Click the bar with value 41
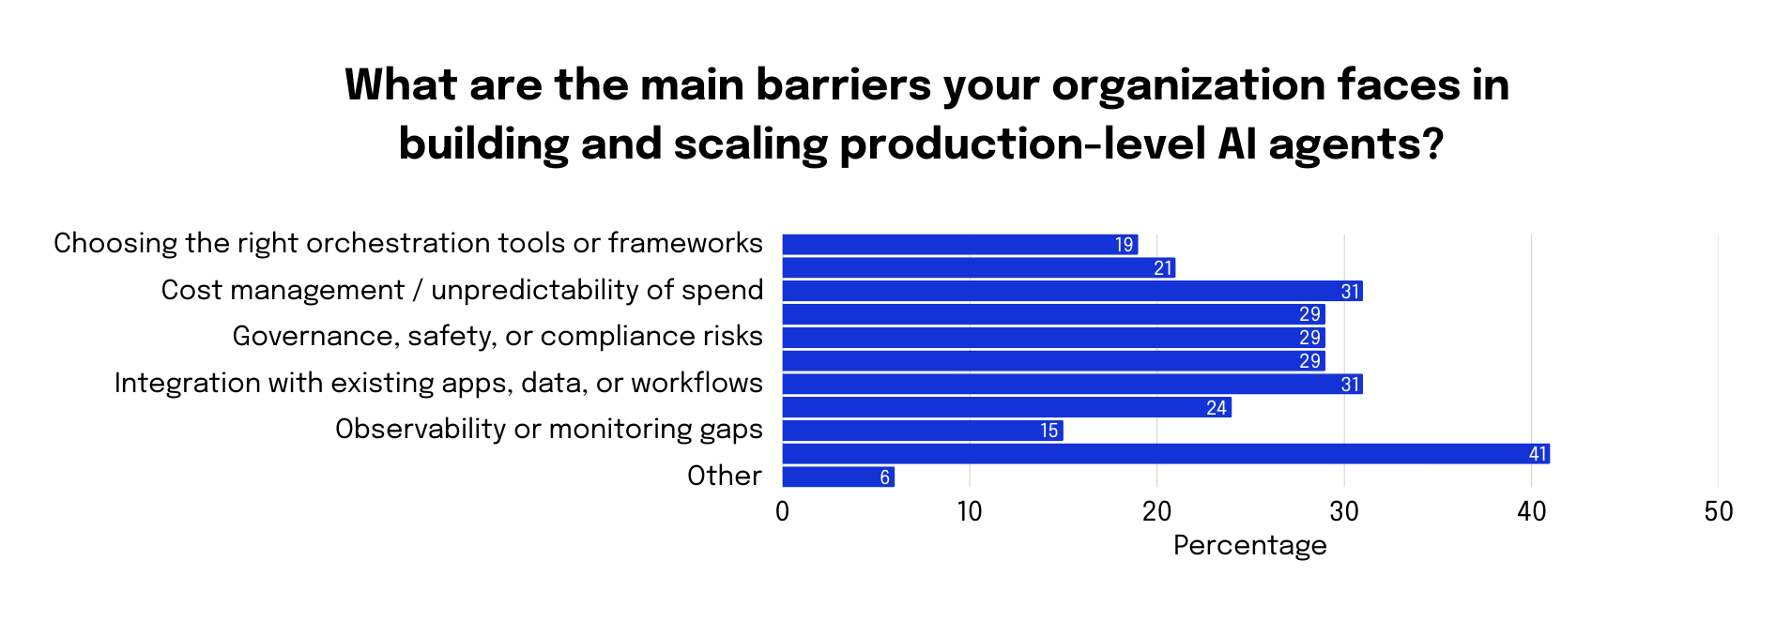pyautogui.click(x=1165, y=454)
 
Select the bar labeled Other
pyautogui.click(x=837, y=477)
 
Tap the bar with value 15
pyautogui.click(x=922, y=431)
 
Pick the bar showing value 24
pyautogui.click(x=1006, y=407)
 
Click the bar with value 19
pyautogui.click(x=959, y=245)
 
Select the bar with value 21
pyautogui.click(x=978, y=268)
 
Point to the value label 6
pyautogui.click(x=884, y=477)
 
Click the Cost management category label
pyautogui.click(x=462, y=290)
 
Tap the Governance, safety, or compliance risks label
pyautogui.click(x=497, y=336)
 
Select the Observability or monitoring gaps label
pyautogui.click(x=548, y=429)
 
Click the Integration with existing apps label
pyautogui.click(x=438, y=383)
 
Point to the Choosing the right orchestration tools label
pyautogui.click(x=407, y=243)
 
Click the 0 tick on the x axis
pyautogui.click(x=782, y=511)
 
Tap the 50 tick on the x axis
pyautogui.click(x=1718, y=511)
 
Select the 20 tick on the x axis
pyautogui.click(x=1156, y=511)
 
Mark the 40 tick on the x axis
pyautogui.click(x=1531, y=511)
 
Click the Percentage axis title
pyautogui.click(x=1249, y=545)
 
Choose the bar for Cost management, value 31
pyautogui.click(x=1072, y=291)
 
